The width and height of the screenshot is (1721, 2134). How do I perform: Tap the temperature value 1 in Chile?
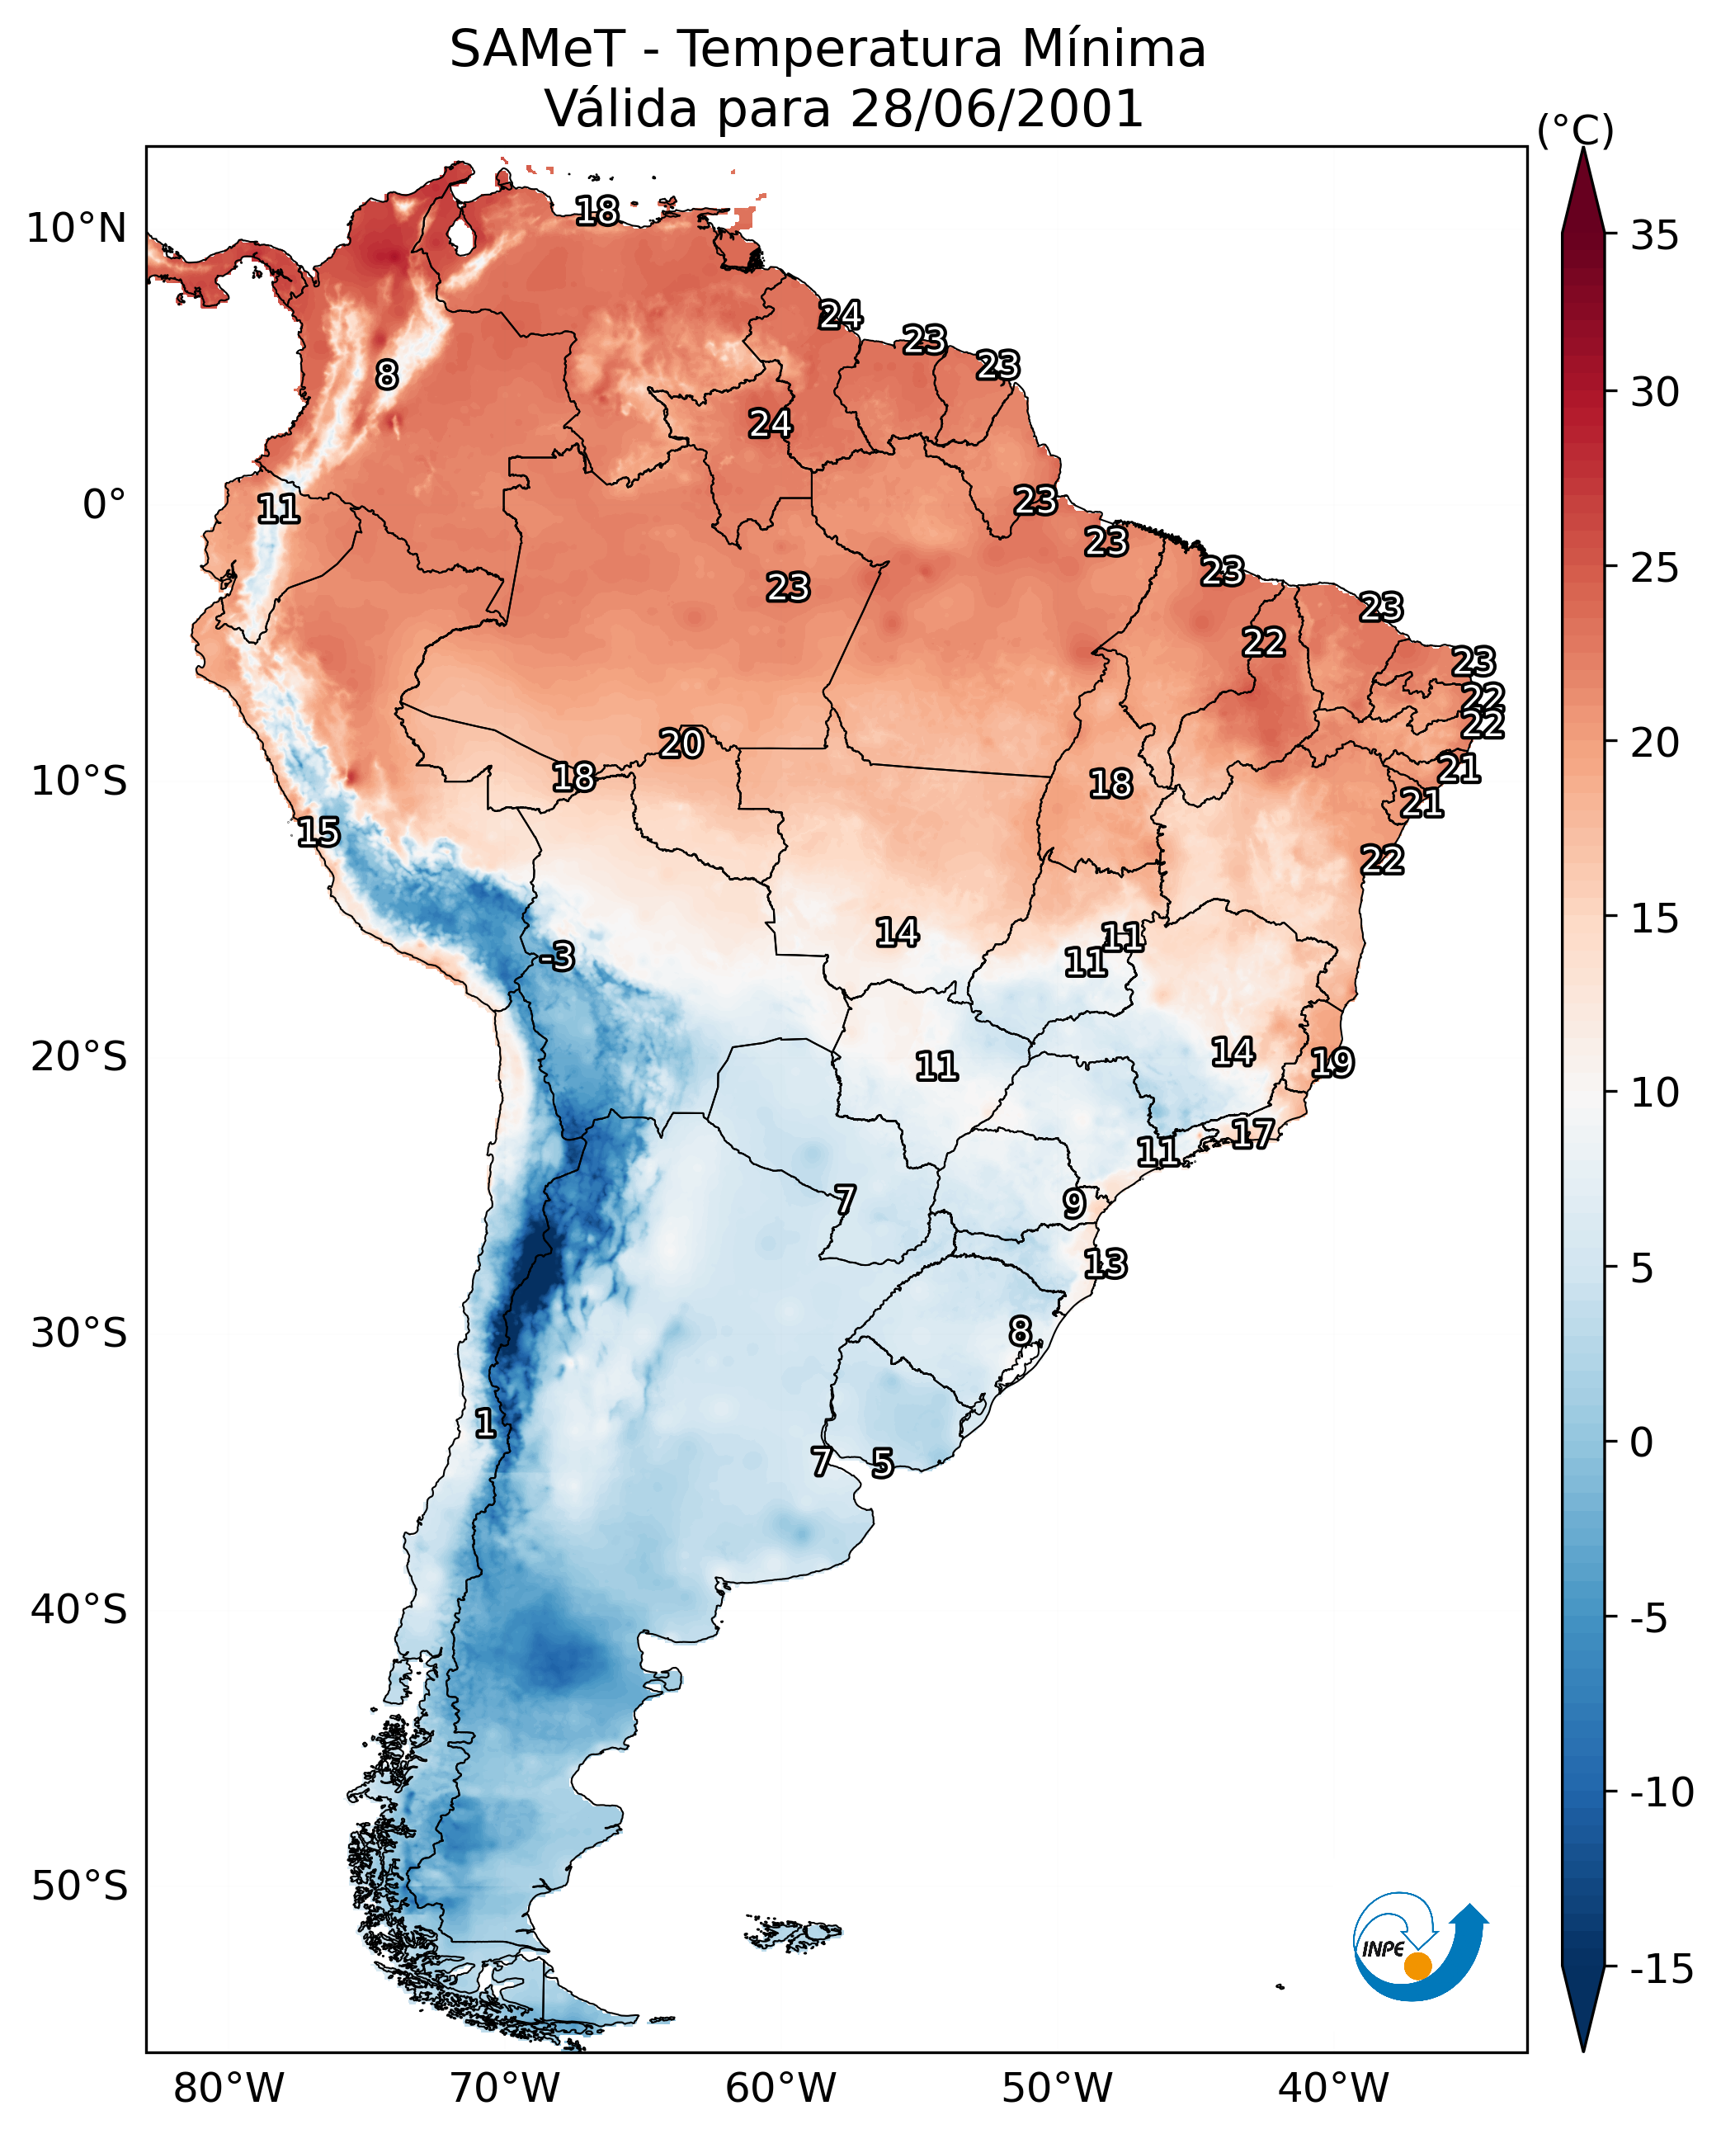pyautogui.click(x=485, y=1424)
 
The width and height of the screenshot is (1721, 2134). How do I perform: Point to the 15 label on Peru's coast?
pyautogui.click(x=318, y=832)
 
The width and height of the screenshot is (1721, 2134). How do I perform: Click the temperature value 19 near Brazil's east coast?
pyautogui.click(x=1332, y=1063)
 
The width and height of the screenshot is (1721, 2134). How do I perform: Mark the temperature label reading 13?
pyautogui.click(x=1105, y=1263)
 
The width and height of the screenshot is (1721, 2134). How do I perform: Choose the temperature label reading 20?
pyautogui.click(x=681, y=744)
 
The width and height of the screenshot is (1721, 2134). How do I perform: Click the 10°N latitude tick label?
pyautogui.click(x=77, y=229)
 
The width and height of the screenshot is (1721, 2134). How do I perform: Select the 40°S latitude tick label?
pyautogui.click(x=79, y=1608)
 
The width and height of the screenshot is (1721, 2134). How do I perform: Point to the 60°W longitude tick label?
pyautogui.click(x=780, y=2089)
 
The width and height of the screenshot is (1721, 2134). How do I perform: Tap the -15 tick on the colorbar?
pyautogui.click(x=1662, y=1970)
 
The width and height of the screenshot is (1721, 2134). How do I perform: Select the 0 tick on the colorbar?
pyautogui.click(x=1642, y=1442)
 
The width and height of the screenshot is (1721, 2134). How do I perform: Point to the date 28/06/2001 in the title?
pyautogui.click(x=997, y=109)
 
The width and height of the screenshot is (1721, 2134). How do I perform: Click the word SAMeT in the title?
pyautogui.click(x=536, y=50)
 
